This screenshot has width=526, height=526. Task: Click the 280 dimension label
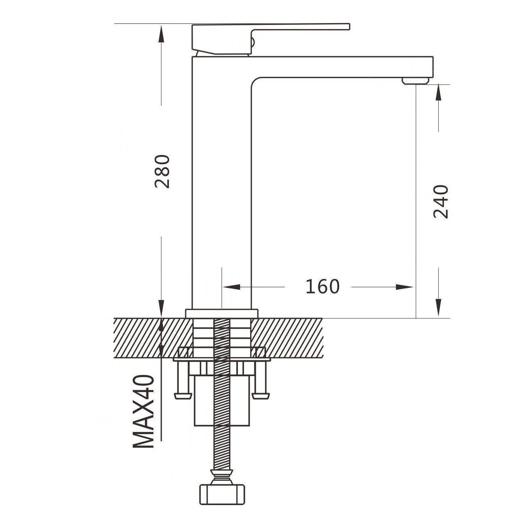pos(162,172)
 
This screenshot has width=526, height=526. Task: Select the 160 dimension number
pos(322,287)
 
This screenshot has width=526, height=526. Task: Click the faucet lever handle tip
pos(348,26)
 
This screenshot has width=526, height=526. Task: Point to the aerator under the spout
pos(415,81)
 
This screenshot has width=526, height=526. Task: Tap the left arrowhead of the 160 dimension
pos(231,287)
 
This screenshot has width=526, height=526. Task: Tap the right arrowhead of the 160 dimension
pos(404,287)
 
